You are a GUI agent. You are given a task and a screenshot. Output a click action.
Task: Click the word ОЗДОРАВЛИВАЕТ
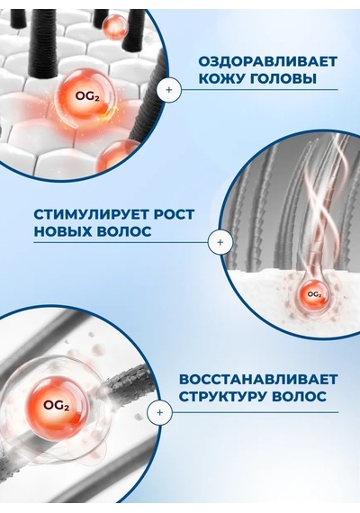coord(267,61)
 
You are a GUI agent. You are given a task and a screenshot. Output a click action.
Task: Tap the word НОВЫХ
coord(62,231)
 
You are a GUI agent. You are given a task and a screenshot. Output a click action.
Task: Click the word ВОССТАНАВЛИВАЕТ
coord(258,380)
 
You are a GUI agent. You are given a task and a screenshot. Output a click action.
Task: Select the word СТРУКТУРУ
coord(223,397)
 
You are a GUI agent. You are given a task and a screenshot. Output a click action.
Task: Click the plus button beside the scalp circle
coord(169,89)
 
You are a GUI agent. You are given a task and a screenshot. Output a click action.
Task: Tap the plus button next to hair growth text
coord(220,242)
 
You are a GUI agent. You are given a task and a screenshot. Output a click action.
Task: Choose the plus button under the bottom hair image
coord(159,412)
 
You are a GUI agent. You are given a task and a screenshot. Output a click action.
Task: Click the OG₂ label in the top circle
coord(87,96)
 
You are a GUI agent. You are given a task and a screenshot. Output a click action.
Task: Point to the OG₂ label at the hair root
coord(314,294)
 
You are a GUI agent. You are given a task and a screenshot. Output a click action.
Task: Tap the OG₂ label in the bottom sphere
coord(57,406)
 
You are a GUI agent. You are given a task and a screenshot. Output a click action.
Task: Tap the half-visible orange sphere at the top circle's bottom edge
coord(118,157)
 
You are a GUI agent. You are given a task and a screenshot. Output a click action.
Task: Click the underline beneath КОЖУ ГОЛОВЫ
coord(259,89)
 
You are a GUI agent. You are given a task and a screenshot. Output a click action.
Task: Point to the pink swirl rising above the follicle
coord(322,202)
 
